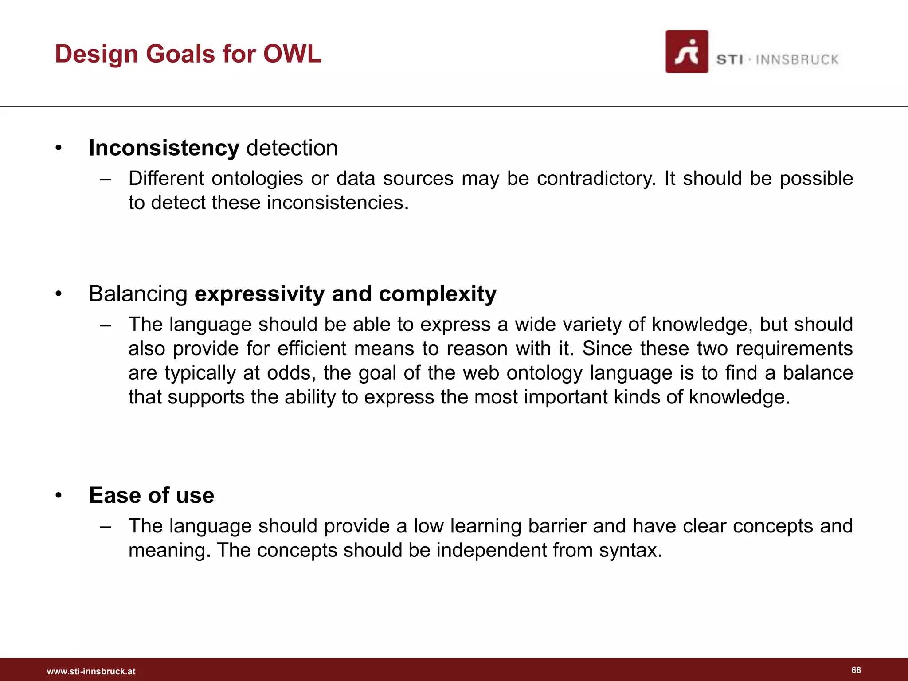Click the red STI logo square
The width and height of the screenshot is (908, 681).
[x=686, y=52]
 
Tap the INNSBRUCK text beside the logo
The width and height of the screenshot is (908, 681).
[x=797, y=60]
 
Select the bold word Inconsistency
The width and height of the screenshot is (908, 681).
[x=164, y=148]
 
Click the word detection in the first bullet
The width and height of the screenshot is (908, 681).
[x=292, y=148]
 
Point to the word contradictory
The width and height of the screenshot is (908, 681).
[x=595, y=179]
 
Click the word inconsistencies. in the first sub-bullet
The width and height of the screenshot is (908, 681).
[x=337, y=203]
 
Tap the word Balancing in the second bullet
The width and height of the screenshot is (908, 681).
[x=138, y=294]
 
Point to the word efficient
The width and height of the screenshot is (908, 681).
[x=312, y=348]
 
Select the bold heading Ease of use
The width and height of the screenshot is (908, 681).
[x=151, y=495]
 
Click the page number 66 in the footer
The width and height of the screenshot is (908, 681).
[x=856, y=670]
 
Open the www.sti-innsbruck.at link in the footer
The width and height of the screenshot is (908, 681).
[x=91, y=672]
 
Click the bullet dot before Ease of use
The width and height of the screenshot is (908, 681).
[x=59, y=496]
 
